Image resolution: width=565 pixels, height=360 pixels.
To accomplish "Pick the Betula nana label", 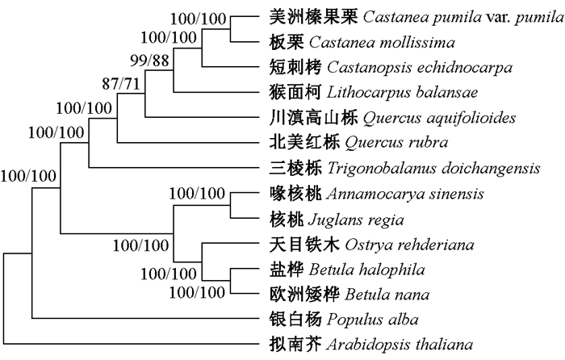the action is [384, 293].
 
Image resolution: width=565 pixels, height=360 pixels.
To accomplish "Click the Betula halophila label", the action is [393, 269].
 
